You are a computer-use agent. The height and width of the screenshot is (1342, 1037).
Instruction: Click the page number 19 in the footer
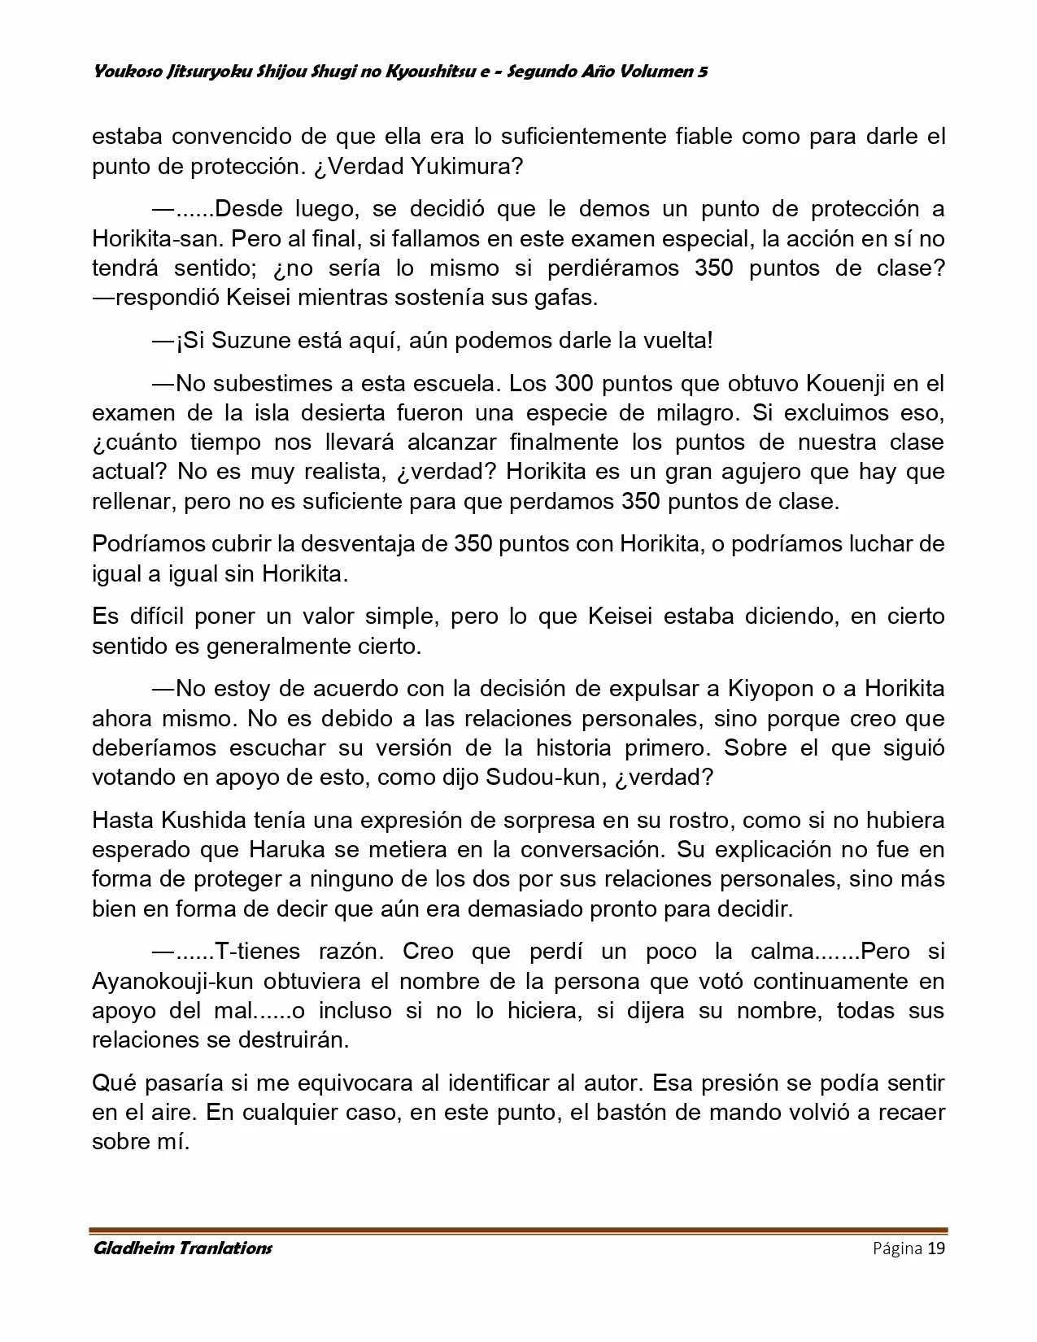[x=936, y=1248]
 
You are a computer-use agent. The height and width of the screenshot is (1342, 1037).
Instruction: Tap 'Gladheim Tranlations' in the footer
[x=182, y=1248]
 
